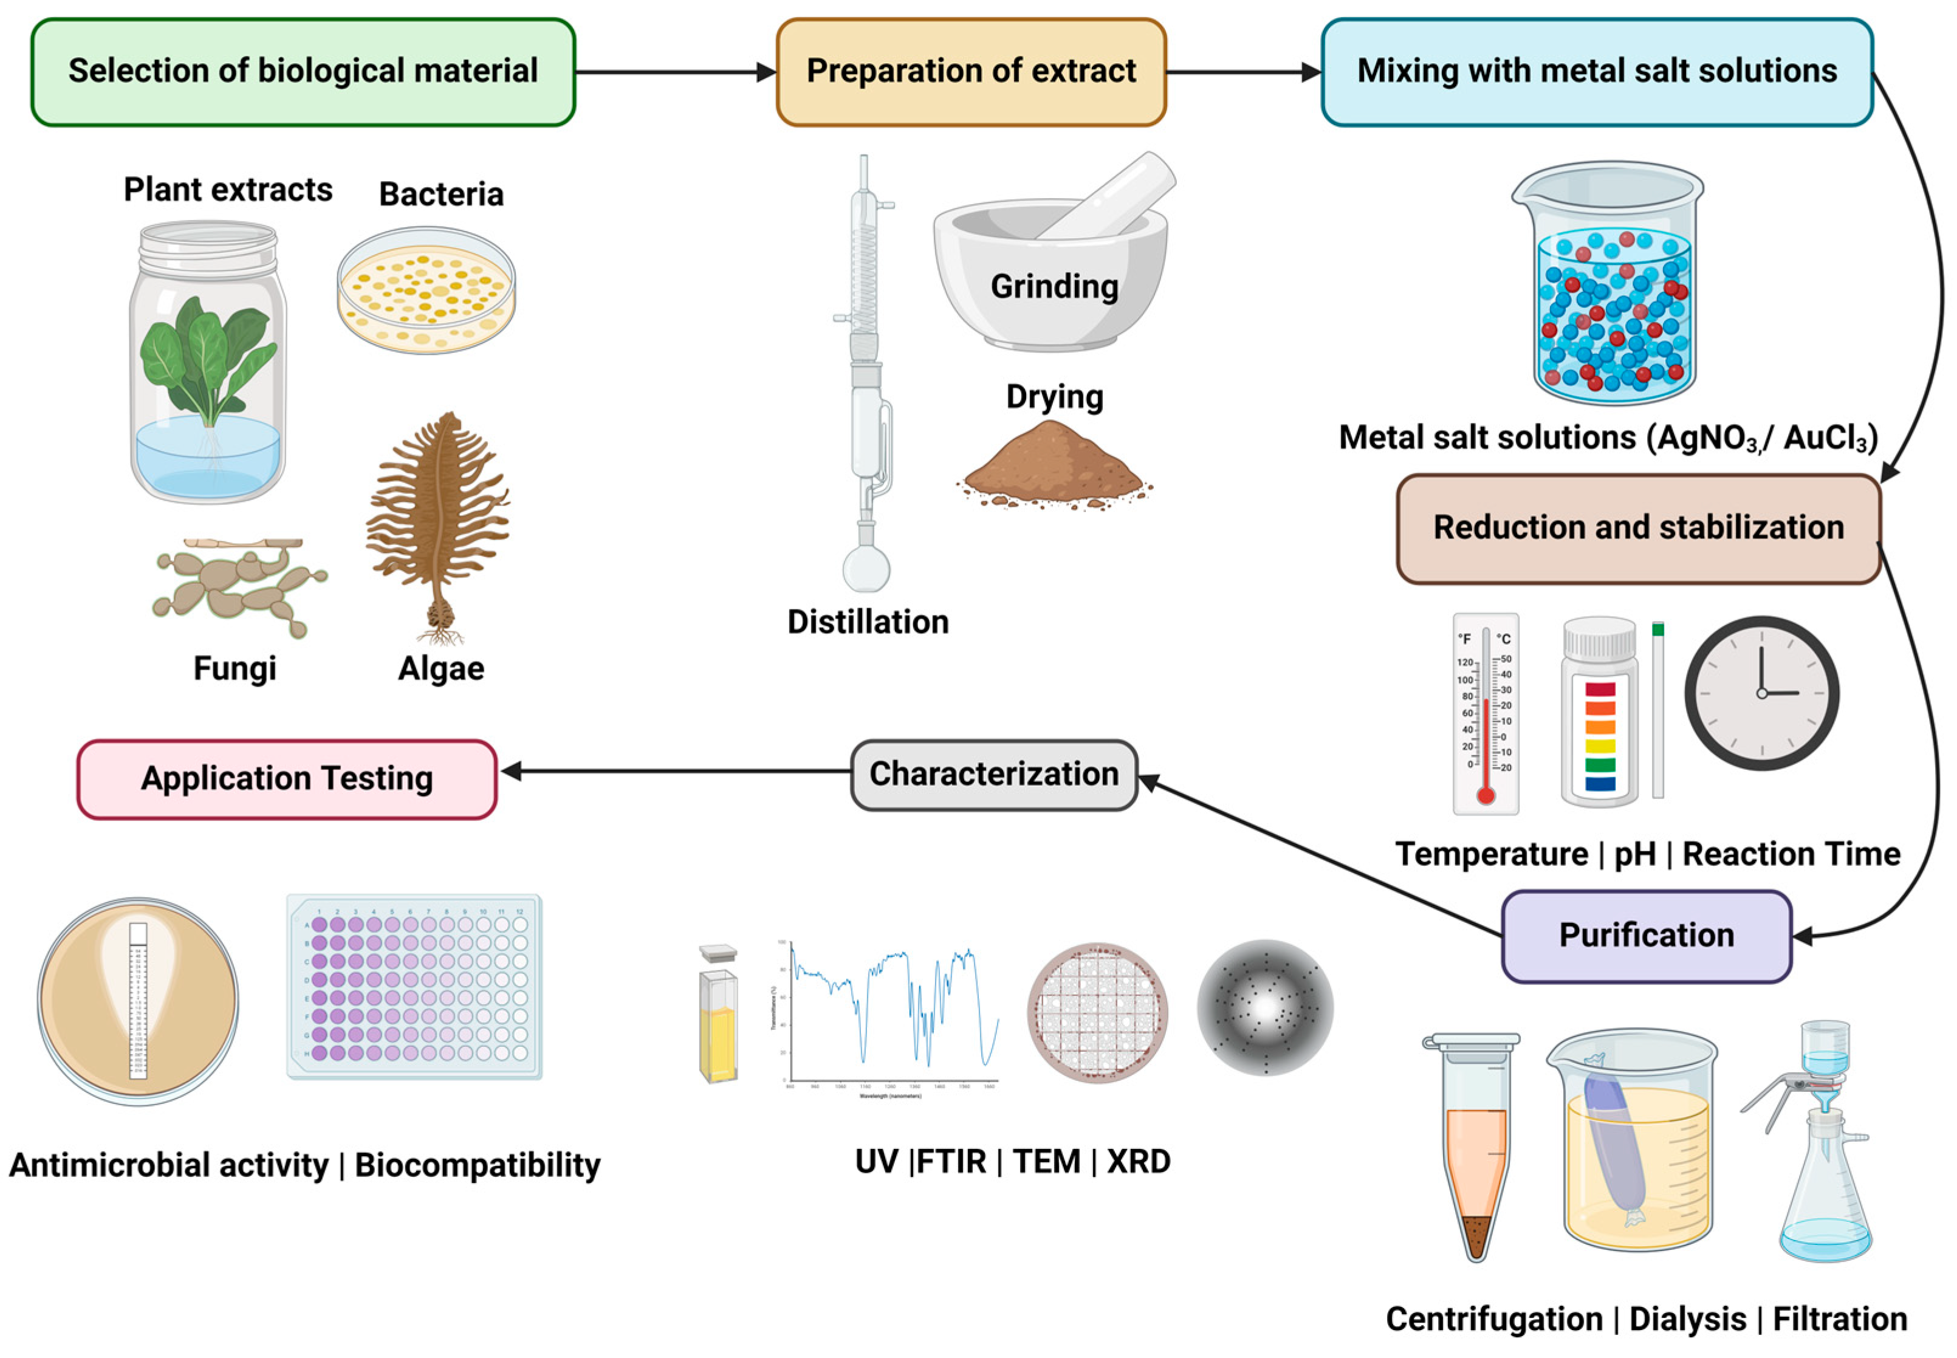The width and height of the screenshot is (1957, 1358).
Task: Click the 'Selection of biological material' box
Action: tap(303, 72)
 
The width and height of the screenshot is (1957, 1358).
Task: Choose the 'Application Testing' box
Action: tap(287, 778)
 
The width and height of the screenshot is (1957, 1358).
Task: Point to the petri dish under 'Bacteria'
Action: tap(425, 289)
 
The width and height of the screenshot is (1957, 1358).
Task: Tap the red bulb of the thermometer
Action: tap(1486, 795)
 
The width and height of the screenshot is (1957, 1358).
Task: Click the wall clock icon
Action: tap(1761, 693)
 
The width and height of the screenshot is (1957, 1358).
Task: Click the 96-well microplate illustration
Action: tap(414, 987)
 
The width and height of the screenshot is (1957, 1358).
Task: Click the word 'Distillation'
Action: tap(867, 622)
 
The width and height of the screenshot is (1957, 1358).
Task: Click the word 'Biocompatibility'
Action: tap(478, 1165)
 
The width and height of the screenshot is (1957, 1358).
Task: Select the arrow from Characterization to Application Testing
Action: tap(680, 772)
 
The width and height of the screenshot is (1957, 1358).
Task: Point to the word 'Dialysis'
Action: tap(1687, 1320)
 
